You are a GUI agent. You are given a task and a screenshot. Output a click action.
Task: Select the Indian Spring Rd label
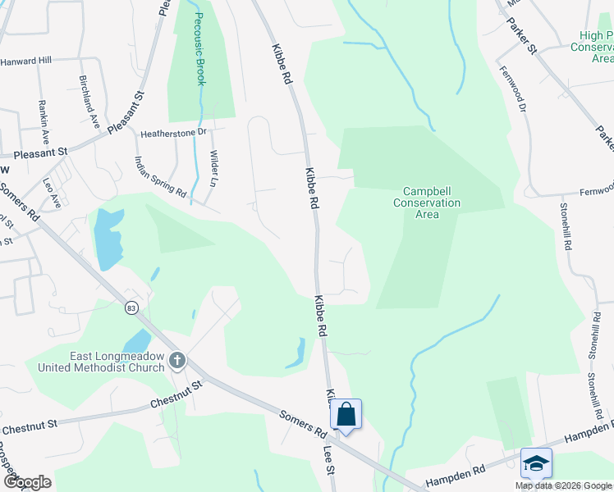click(161, 176)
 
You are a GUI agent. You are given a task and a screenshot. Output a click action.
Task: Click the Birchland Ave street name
click(89, 102)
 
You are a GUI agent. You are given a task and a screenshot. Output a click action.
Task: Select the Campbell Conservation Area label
click(427, 203)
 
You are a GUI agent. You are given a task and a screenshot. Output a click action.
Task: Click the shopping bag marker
click(346, 415)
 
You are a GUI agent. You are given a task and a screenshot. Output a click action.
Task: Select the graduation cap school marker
click(536, 463)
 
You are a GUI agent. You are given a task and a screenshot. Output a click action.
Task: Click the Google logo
click(26, 482)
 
